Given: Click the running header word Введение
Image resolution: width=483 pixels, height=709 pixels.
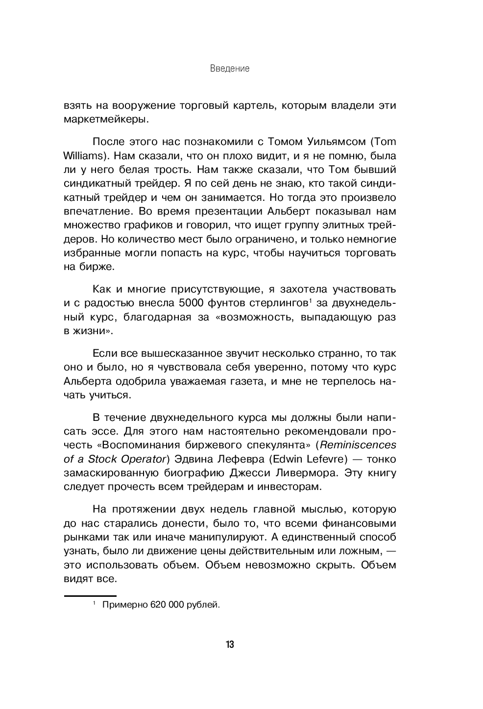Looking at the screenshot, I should (230, 69).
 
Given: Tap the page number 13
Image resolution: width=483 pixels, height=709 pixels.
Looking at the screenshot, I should (230, 644).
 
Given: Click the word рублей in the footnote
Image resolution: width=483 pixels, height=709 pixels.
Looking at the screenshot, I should (203, 605).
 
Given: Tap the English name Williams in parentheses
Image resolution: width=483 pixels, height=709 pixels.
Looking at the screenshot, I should (82, 156).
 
